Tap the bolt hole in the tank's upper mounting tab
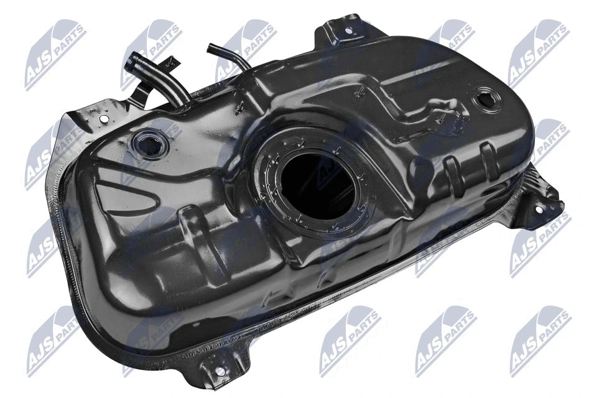pyautogui.click(x=349, y=30)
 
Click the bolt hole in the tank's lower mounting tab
pyautogui.click(x=219, y=371)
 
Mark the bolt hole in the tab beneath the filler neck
pyautogui.click(x=104, y=118)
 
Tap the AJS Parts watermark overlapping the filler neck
pyautogui.click(x=152, y=52)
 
